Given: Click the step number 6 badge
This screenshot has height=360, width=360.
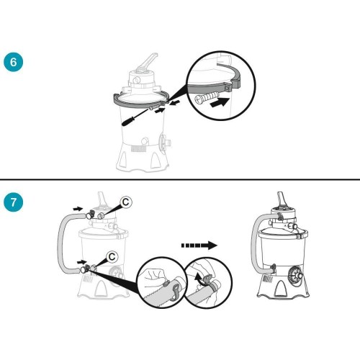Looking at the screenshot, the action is click(14, 62).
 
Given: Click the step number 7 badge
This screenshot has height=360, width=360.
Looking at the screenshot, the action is click(14, 202).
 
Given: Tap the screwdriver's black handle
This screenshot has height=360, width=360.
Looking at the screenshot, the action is click(128, 122).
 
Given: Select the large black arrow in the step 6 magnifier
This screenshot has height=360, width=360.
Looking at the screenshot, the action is click(218, 102).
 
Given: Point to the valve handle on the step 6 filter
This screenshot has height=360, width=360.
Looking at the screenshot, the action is click(149, 62).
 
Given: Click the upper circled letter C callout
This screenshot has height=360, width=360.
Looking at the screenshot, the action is click(126, 202).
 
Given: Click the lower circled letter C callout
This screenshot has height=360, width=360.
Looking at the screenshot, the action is click(112, 257).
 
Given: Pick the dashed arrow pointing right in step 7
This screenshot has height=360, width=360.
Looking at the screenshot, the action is click(199, 246).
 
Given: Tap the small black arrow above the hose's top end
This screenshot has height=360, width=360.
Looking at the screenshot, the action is click(78, 209).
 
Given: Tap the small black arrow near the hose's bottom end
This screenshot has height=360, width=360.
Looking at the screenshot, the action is click(82, 261).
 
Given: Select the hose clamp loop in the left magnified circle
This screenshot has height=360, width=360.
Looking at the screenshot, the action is click(175, 292).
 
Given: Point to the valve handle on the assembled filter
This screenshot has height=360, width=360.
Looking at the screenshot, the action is click(282, 199).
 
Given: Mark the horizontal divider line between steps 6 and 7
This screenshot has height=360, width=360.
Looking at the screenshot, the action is click(180, 179).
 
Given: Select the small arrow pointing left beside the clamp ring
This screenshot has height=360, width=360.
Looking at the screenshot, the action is click(175, 103).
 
